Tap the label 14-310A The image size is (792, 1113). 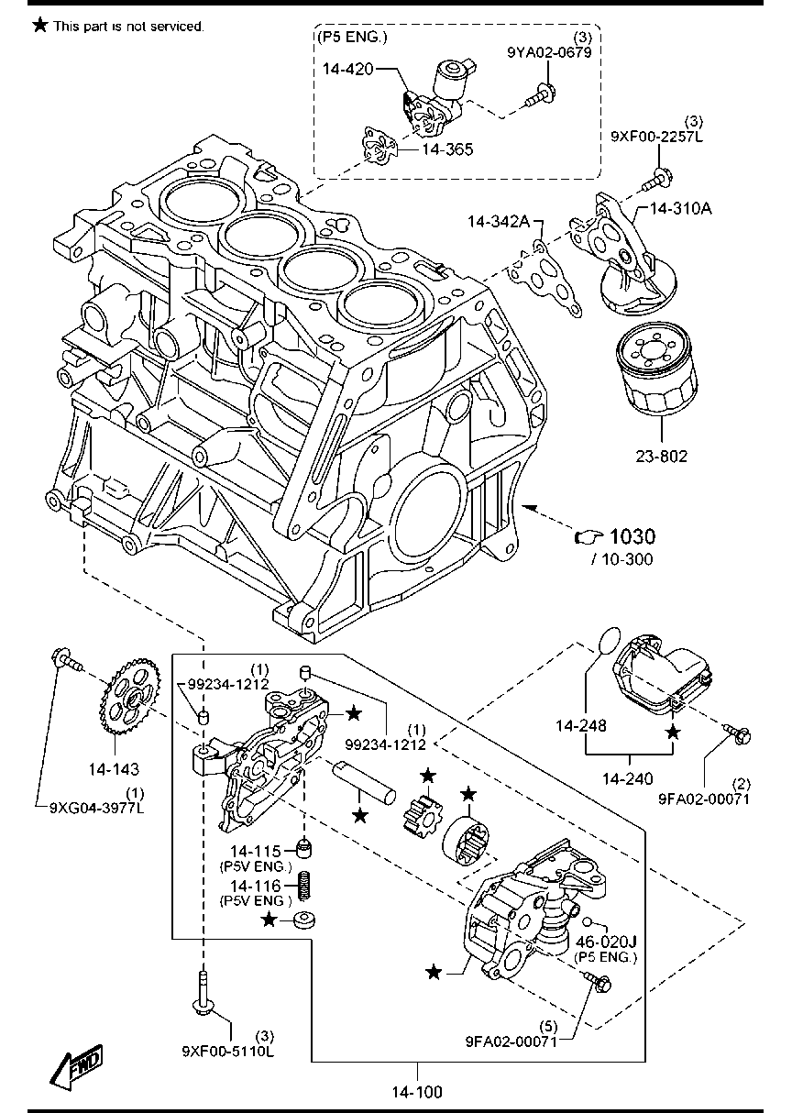tap(680, 208)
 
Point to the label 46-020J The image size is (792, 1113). tap(605, 942)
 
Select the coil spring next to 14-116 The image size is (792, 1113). tap(305, 887)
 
